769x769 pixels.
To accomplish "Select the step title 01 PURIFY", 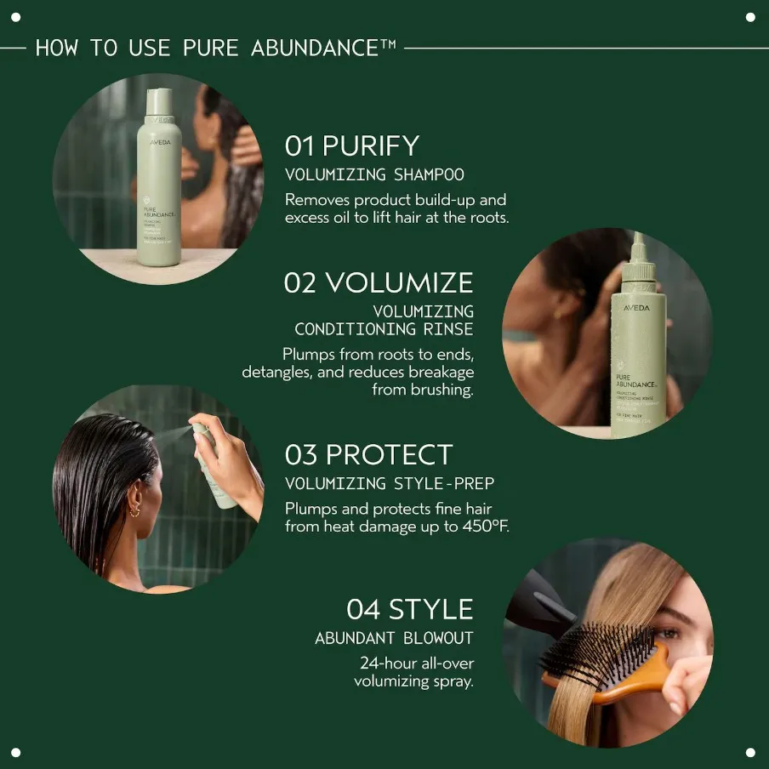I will [352, 146].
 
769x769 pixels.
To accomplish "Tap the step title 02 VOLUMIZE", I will [379, 282].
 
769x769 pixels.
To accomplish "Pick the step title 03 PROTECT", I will [369, 454].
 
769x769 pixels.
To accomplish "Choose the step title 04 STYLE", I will [409, 609].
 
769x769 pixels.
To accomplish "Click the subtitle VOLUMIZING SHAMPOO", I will [374, 175].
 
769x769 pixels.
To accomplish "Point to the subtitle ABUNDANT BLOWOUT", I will [394, 638].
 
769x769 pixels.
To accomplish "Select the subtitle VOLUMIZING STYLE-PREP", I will [390, 484].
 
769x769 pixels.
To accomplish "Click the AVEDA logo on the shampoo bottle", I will [160, 142].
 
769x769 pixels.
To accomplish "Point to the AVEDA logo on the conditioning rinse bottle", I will [635, 308].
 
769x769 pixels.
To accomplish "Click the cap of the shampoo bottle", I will [159, 102].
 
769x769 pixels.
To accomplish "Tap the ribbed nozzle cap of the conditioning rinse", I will [638, 271].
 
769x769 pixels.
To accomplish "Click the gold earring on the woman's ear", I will [134, 510].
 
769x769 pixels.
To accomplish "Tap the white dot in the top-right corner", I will [750, 17].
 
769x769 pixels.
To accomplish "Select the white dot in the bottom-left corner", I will [16, 752].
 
